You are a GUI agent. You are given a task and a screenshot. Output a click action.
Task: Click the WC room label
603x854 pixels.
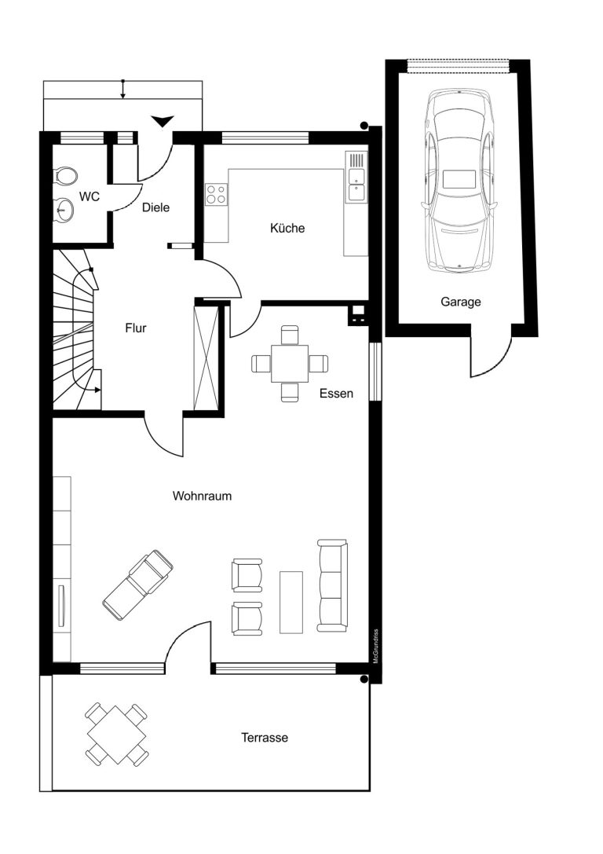(90, 196)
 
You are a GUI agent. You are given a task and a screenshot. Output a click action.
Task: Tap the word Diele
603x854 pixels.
(155, 207)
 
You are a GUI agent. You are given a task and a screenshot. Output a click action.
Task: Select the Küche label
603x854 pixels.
(287, 228)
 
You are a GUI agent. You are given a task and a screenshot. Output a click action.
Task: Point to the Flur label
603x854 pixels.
(136, 328)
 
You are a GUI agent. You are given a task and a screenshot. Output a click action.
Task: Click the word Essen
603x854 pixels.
(336, 394)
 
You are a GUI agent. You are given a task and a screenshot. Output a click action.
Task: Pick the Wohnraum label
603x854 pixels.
(202, 496)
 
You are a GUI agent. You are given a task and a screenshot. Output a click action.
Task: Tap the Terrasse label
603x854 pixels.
(265, 738)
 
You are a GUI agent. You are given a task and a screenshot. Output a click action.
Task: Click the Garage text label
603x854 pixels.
(460, 302)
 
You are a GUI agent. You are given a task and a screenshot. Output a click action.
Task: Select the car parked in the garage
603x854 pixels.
(460, 180)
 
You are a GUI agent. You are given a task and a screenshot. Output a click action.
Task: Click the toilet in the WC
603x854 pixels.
(64, 177)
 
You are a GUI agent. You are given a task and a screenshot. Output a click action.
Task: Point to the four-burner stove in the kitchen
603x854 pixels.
(216, 194)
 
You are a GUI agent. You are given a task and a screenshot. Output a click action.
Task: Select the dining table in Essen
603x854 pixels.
(290, 363)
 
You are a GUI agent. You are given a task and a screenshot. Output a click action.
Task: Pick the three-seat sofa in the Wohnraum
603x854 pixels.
(333, 586)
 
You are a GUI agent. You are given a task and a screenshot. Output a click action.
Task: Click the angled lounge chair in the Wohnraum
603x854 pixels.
(138, 585)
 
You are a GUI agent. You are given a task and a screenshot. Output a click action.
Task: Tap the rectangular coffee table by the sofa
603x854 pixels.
(291, 603)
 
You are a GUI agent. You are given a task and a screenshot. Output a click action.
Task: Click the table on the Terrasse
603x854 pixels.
(117, 734)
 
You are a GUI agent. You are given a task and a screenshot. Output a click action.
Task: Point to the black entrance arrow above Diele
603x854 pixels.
(163, 122)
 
